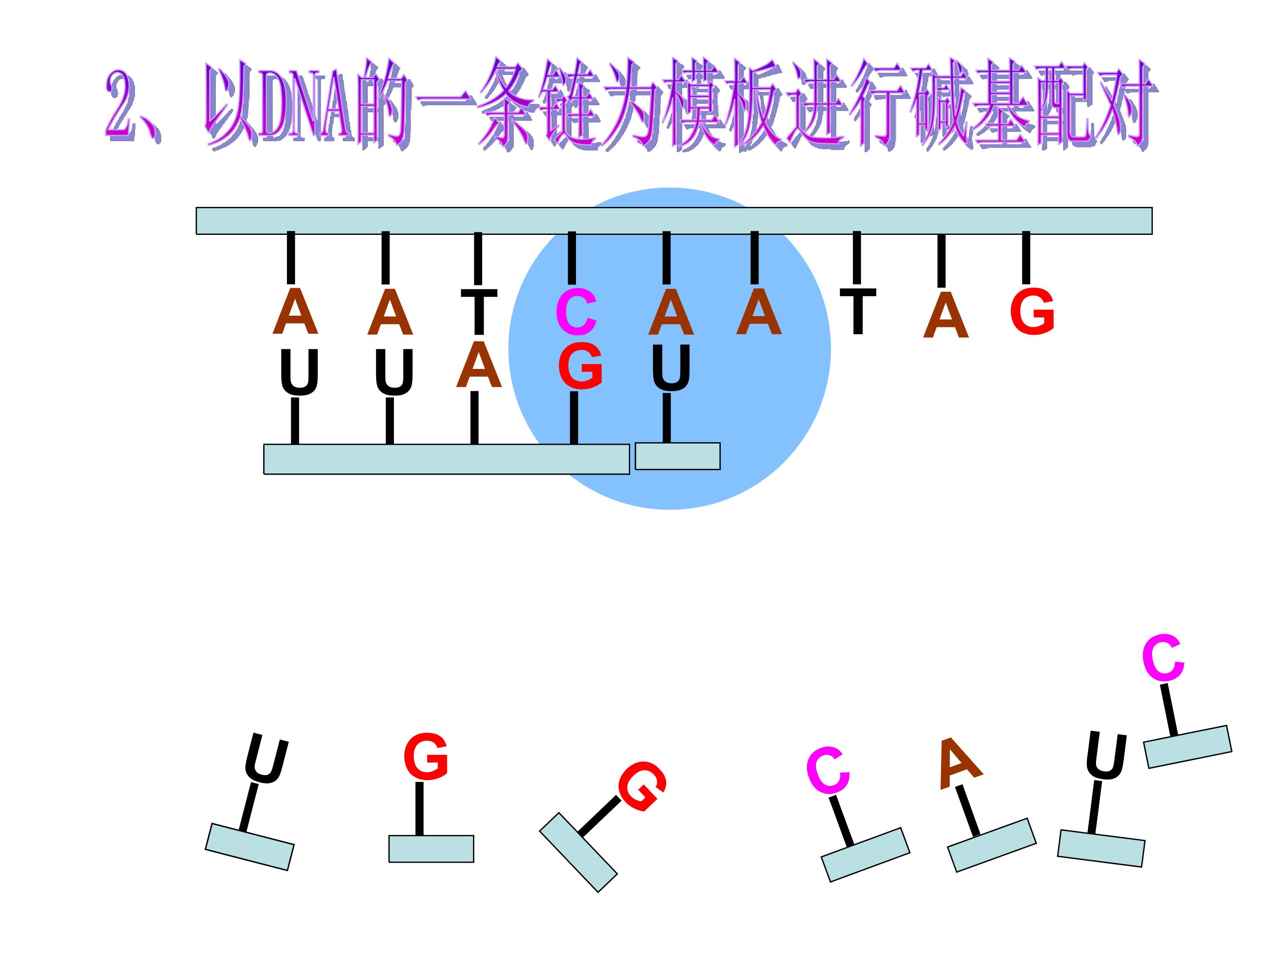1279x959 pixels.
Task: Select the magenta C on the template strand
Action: click(576, 313)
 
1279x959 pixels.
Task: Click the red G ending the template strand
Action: click(1032, 312)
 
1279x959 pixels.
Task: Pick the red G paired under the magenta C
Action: click(580, 366)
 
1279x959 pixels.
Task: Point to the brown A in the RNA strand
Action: click(478, 365)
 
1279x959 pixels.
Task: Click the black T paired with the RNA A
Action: click(479, 312)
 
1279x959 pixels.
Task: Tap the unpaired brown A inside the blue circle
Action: click(759, 312)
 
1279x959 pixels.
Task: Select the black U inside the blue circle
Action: click(671, 368)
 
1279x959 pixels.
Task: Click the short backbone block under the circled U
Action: click(678, 456)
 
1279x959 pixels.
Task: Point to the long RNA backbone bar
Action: click(446, 460)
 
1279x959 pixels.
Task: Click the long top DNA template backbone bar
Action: click(674, 221)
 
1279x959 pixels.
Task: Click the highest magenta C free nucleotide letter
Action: click(1163, 658)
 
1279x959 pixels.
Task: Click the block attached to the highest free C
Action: click(1188, 747)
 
